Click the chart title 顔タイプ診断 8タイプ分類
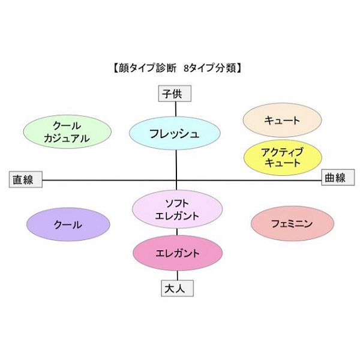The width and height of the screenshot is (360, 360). tap(177, 68)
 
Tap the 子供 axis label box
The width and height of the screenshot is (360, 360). tap(175, 94)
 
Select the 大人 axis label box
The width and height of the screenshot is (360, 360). tap(177, 289)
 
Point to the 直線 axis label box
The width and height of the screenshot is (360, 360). tap(26, 179)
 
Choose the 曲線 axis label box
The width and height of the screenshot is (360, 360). tap(338, 177)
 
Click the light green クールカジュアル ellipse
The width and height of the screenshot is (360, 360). tap(67, 132)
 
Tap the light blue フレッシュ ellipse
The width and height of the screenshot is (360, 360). tap(175, 133)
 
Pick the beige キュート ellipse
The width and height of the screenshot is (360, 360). tap(282, 120)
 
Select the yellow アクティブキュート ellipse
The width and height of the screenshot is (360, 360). tap(283, 157)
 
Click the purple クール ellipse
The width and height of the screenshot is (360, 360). tap(68, 224)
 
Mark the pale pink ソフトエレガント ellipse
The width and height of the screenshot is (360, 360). tap(177, 209)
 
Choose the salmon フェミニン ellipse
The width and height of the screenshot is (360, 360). tap(292, 223)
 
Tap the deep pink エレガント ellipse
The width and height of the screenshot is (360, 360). tap(178, 253)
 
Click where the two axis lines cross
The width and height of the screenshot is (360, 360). tap(176, 180)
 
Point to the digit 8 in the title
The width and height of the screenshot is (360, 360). tap(186, 68)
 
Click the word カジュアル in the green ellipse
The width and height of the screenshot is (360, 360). tap(67, 139)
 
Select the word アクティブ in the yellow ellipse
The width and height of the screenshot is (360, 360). tap(282, 152)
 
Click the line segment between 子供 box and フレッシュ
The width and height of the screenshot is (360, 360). tap(176, 109)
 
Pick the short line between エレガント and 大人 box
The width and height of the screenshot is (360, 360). tap(178, 275)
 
